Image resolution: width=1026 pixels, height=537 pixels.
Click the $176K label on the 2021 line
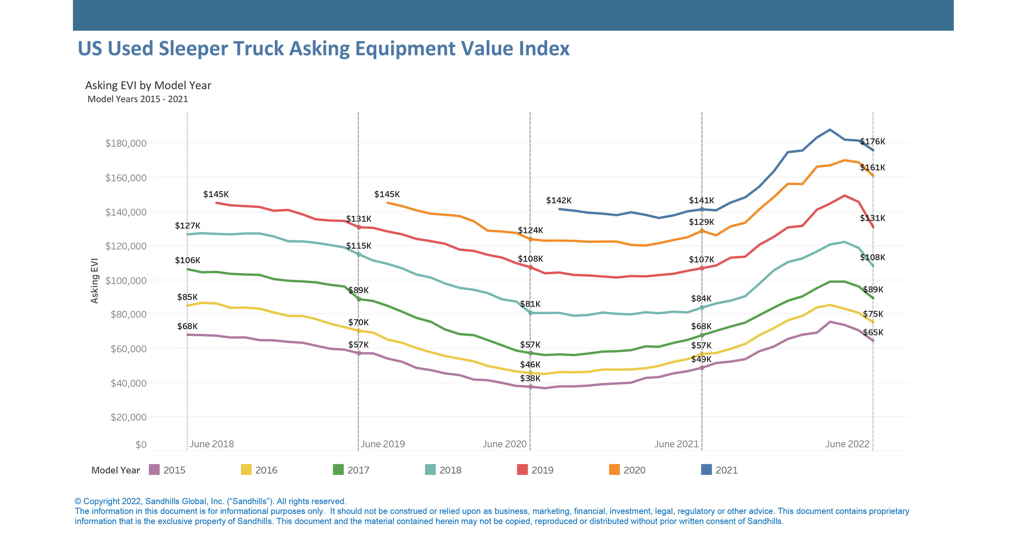[x=872, y=141]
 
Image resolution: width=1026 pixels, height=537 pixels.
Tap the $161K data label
[x=872, y=167]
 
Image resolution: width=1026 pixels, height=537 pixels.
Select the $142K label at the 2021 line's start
[x=558, y=200]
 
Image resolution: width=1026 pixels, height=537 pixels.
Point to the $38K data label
[x=530, y=378]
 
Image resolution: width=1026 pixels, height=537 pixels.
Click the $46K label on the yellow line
[x=530, y=364]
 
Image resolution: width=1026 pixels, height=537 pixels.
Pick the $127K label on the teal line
[x=188, y=226]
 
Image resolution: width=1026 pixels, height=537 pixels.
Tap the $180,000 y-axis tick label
[x=126, y=143]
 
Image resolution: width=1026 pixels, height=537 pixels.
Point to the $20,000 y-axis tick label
[x=128, y=417]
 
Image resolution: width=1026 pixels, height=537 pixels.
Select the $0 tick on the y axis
[x=141, y=445]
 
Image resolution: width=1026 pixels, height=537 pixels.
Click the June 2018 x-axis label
[x=212, y=444]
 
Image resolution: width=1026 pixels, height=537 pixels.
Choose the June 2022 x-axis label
[x=847, y=444]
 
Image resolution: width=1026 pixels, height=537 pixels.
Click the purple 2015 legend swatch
[x=154, y=470]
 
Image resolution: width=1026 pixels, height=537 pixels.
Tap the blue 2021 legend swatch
[x=706, y=470]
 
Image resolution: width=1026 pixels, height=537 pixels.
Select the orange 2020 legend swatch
[x=614, y=470]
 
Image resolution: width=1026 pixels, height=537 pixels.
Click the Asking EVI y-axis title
[x=94, y=281]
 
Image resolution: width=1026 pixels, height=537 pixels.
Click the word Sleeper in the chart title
[x=193, y=49]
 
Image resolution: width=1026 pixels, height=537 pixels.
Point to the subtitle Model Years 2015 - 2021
[x=138, y=99]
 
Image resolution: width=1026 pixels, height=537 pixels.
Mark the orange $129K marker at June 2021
[x=702, y=231]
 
